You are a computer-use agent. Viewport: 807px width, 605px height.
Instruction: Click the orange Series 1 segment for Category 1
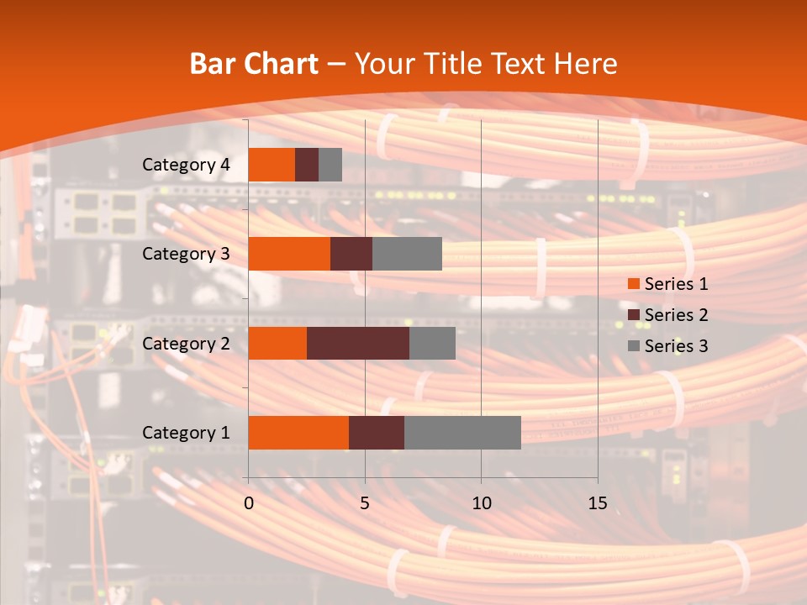pos(298,432)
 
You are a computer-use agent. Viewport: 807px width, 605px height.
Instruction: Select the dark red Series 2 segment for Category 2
pos(358,343)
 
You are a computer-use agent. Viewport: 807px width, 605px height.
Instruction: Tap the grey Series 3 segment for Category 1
pos(462,432)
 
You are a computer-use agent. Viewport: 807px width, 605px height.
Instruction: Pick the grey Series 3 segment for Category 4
pos(330,165)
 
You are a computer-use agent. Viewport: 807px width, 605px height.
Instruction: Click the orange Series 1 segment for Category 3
pos(289,254)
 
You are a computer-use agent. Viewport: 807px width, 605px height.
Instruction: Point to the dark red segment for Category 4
pos(307,165)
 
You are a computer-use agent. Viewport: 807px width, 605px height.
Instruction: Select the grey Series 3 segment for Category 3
pos(407,254)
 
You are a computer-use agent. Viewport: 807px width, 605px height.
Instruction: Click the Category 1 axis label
pos(186,433)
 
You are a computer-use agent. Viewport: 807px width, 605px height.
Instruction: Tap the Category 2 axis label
pos(186,344)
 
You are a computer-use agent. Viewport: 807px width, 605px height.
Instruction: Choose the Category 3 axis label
pos(186,254)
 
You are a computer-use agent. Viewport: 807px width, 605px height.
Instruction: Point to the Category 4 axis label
pos(186,165)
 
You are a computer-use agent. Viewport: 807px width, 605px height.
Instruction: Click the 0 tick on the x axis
pos(249,503)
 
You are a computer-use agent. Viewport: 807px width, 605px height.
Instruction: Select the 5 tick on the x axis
pos(365,503)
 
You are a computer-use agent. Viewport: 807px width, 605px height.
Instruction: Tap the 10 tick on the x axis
pos(481,503)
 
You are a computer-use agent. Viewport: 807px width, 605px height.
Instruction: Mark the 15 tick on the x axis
pos(597,503)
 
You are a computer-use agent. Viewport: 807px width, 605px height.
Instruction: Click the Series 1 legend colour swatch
pos(633,284)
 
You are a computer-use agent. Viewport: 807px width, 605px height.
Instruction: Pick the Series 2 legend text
pos(676,315)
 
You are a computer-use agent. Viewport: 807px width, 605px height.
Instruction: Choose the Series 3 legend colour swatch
pos(633,346)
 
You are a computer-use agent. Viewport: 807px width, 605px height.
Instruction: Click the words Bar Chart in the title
pos(254,63)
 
